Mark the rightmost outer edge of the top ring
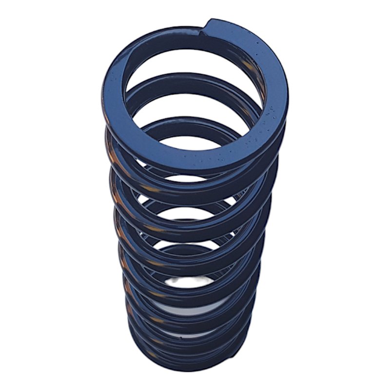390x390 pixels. (x=288, y=97)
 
